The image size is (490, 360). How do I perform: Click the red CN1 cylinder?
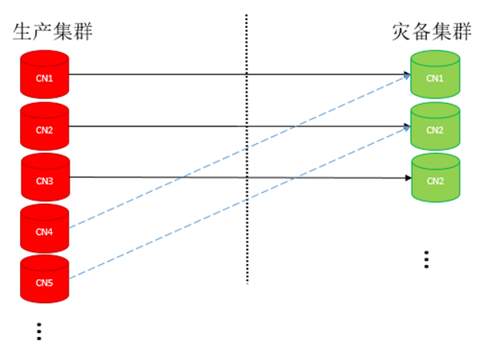(45, 76)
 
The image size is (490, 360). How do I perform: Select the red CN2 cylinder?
(45, 127)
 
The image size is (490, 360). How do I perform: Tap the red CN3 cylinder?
(45, 179)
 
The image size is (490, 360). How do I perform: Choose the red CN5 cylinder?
(45, 282)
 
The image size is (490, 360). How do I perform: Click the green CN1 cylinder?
(435, 77)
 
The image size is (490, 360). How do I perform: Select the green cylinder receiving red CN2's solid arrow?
(435, 128)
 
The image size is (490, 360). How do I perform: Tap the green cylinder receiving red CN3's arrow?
(435, 179)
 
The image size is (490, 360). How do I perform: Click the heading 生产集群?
(53, 32)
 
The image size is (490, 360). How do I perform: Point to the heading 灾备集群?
(431, 32)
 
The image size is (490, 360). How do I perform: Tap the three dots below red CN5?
(39, 331)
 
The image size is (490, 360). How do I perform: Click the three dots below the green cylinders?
(427, 259)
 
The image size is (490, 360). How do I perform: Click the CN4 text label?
(45, 233)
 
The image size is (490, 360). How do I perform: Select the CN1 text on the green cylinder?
(435, 78)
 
